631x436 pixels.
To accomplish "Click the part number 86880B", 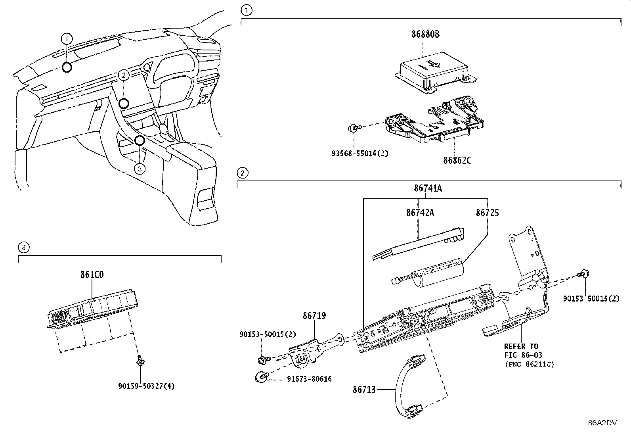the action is coord(425,34).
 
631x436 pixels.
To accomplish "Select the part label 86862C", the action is coord(457,160).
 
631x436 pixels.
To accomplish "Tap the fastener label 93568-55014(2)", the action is coord(360,154).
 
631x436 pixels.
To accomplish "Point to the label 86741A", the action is coord(428,188).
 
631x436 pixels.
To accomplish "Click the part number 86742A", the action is coord(420,213).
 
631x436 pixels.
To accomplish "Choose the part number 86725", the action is coord(488,213).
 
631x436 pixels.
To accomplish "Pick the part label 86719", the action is coord(314,315).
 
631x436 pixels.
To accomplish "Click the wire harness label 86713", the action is coord(364,390).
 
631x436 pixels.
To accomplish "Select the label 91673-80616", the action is coord(309,379).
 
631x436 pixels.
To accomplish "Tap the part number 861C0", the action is coord(92,275).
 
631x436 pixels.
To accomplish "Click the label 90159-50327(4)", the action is coord(146,386).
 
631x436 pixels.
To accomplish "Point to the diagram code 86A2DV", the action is coord(602,423).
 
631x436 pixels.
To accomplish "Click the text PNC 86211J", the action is coord(530,364).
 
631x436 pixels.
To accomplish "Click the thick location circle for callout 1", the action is coord(67,67).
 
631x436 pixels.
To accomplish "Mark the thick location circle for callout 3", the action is coord(140,140).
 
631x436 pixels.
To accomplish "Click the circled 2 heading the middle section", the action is coord(243,173).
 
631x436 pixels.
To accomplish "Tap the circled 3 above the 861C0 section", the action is coord(24,247).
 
